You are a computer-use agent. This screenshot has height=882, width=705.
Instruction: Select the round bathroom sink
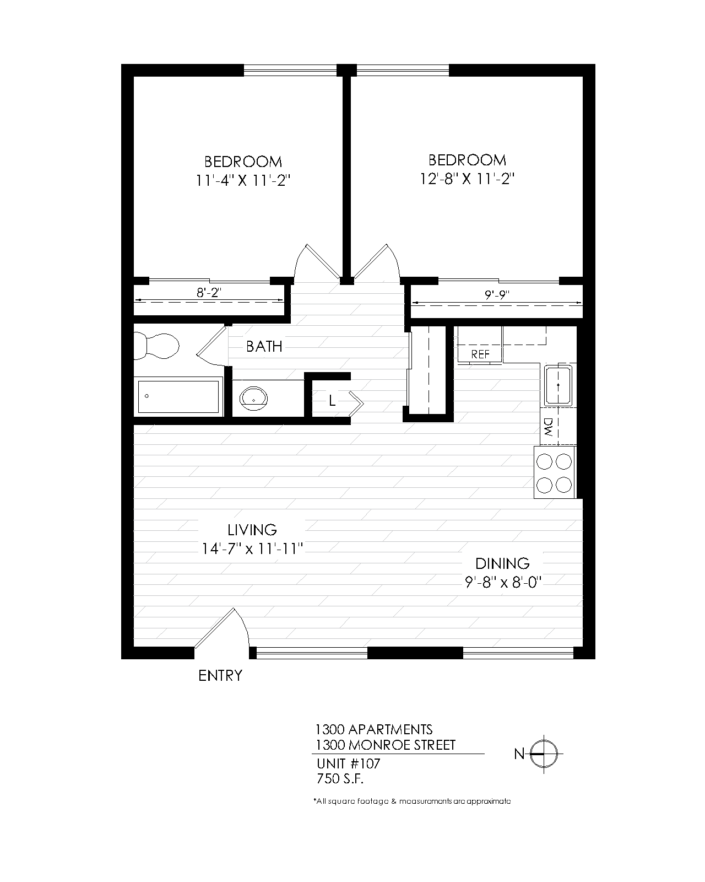pyautogui.click(x=253, y=397)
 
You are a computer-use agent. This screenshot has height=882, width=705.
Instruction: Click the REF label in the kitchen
pyautogui.click(x=480, y=354)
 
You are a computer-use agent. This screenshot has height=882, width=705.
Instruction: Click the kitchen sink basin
pyautogui.click(x=558, y=386)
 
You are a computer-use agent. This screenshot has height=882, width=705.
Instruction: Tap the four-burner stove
pyautogui.click(x=554, y=472)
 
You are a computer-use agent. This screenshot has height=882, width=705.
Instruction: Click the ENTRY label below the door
pyautogui.click(x=220, y=675)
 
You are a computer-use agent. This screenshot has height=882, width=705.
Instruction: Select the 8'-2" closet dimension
pyautogui.click(x=209, y=293)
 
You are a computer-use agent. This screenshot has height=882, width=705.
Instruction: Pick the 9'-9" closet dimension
pyautogui.click(x=497, y=295)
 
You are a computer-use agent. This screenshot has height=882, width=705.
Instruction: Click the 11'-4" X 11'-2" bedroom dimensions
pyautogui.click(x=243, y=180)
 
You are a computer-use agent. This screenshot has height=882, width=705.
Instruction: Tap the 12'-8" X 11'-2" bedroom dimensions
pyautogui.click(x=467, y=179)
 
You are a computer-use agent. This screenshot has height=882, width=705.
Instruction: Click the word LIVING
pyautogui.click(x=252, y=530)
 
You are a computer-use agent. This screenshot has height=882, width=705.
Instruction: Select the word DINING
pyautogui.click(x=502, y=563)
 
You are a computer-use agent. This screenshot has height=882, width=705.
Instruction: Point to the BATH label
pyautogui.click(x=264, y=346)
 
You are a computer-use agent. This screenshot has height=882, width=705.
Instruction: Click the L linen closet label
pyautogui.click(x=332, y=401)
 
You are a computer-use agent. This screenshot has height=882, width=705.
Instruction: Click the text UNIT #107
pyautogui.click(x=348, y=764)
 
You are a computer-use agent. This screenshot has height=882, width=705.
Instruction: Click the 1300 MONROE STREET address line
pyautogui.click(x=385, y=745)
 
